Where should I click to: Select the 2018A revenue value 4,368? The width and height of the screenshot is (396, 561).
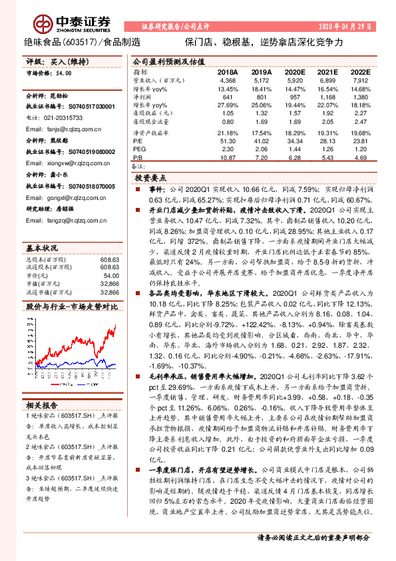tap(228, 81)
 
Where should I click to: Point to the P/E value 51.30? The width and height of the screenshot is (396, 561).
tap(228, 141)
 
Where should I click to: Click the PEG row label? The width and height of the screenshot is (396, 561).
tap(138, 149)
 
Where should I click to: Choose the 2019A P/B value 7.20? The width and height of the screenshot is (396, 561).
tap(262, 157)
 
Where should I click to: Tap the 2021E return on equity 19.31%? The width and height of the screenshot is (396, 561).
tap(327, 133)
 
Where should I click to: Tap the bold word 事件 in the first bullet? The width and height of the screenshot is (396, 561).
tap(154, 190)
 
